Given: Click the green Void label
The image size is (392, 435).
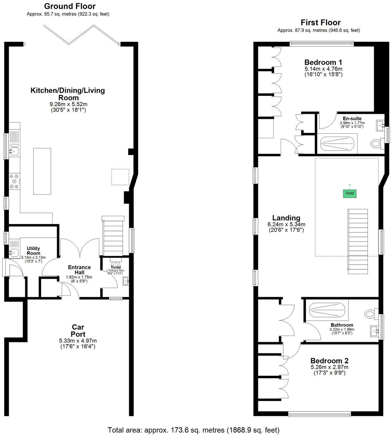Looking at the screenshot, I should [x=349, y=193].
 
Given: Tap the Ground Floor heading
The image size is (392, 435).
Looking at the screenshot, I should [x=70, y=6].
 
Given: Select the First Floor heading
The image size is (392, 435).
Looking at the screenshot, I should [x=320, y=23].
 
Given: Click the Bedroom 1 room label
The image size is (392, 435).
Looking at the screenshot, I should [x=323, y=63].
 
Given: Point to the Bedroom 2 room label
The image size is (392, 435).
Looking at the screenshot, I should [x=329, y=361].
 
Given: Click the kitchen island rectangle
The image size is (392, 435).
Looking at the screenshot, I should [x=42, y=171].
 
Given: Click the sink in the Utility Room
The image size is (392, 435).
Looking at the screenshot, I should [x=13, y=252].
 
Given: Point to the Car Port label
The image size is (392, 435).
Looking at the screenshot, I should [x=78, y=331].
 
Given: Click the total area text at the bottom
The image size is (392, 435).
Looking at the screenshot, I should [x=194, y=430].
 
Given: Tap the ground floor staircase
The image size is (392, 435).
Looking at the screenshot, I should [x=113, y=236].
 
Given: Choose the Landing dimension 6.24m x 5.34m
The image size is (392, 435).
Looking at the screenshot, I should [x=286, y=224].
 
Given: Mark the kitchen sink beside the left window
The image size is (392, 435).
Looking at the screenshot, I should [x=13, y=150].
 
